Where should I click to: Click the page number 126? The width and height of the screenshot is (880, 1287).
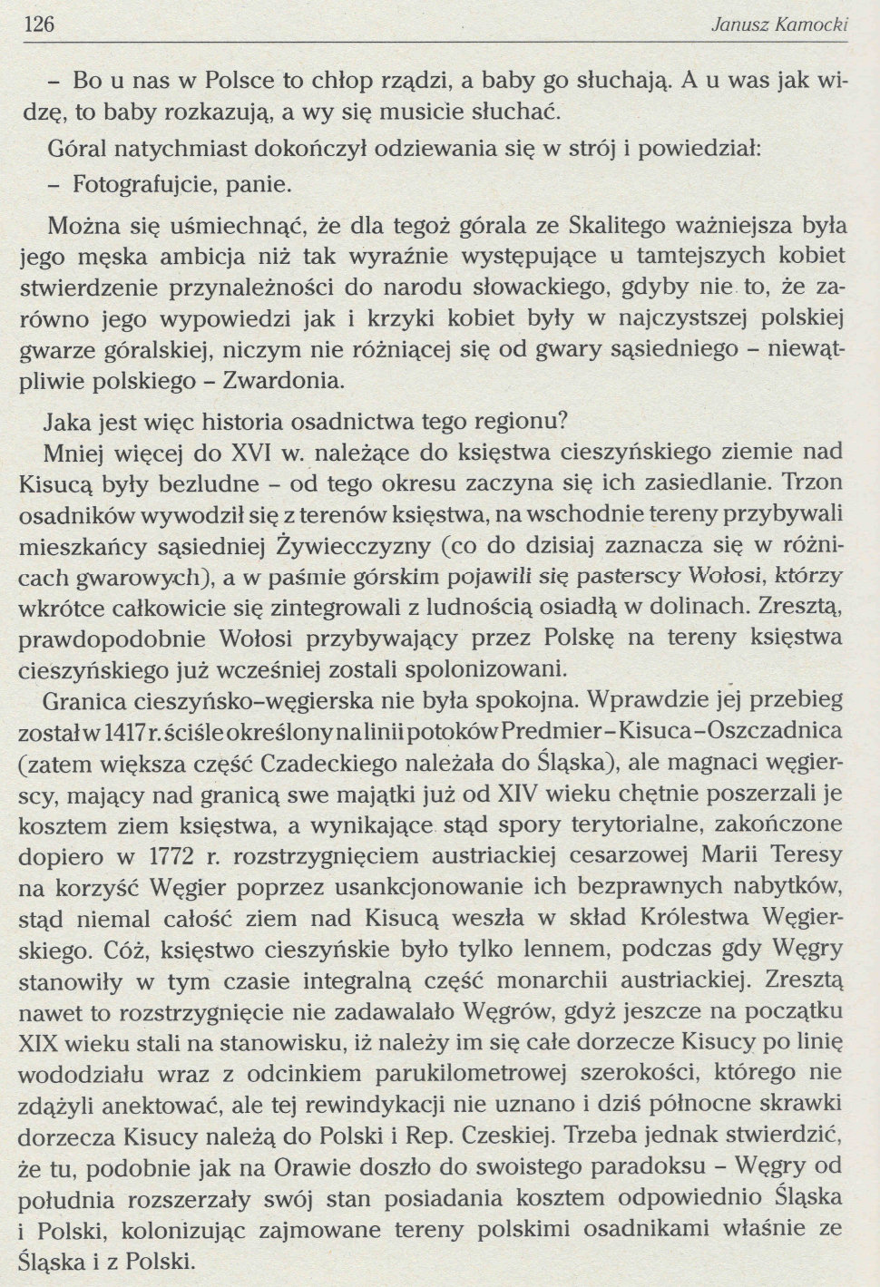coord(36,24)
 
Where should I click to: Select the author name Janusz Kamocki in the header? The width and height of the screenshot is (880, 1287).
coord(779,24)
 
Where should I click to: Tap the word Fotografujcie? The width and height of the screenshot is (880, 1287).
coord(137,184)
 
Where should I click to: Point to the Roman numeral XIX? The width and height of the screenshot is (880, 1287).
coord(40,1041)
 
